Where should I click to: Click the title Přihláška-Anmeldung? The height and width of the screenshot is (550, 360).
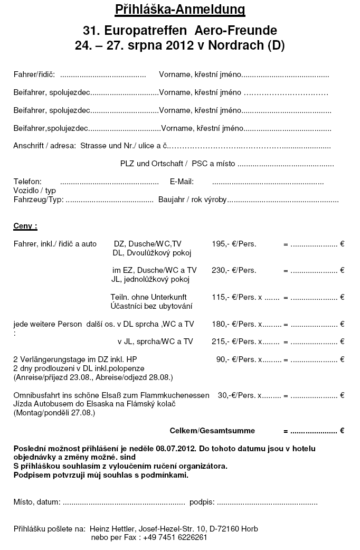point(180,10)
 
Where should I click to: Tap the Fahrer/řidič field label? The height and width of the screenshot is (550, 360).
point(34,74)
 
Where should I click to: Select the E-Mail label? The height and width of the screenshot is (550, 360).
point(182,182)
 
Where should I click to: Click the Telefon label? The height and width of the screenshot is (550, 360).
point(27,182)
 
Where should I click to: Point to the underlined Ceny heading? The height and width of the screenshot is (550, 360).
point(25,226)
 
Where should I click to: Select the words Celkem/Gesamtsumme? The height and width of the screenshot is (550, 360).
point(212,431)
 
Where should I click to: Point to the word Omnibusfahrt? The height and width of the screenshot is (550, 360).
point(34,395)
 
